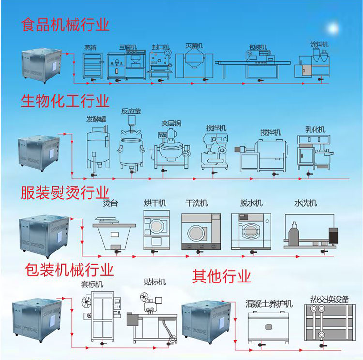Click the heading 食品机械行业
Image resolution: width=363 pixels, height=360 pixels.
point(65,25)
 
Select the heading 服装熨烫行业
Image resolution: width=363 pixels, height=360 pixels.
point(65,192)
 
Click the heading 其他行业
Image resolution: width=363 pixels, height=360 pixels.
point(222,277)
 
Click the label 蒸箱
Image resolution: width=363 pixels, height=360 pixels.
point(90,47)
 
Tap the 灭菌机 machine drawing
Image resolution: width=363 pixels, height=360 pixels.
point(192,66)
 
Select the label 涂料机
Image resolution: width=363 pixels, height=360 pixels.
point(319,44)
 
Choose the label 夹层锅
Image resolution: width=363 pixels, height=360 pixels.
point(171,123)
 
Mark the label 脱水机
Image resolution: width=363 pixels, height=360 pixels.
point(251,203)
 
